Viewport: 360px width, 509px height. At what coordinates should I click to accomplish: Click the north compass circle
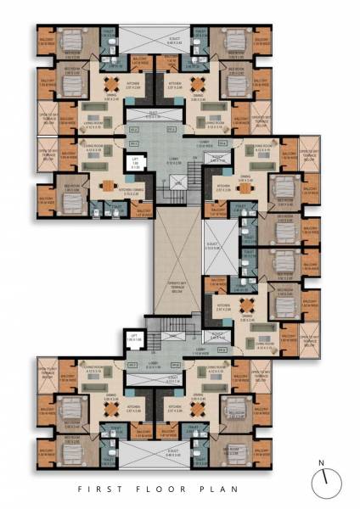(324, 484)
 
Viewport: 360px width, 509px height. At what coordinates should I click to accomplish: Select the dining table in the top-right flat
(197, 84)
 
